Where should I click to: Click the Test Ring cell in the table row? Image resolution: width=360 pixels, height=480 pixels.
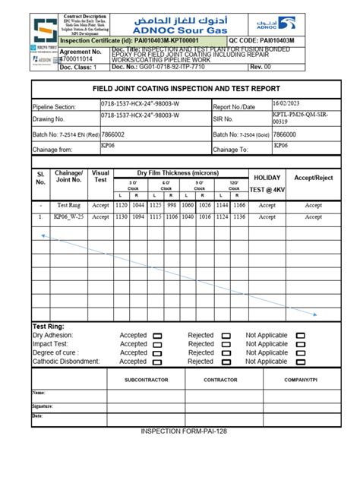(x=69, y=205)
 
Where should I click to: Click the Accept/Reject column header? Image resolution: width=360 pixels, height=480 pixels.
(x=314, y=177)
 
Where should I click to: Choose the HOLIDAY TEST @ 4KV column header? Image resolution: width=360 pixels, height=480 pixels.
(x=267, y=182)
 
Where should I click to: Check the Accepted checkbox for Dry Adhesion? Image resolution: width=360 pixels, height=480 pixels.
(x=157, y=335)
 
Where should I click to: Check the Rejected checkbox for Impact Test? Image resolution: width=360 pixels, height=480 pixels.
(x=226, y=343)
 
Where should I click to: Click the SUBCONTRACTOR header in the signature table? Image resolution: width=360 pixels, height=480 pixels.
(x=146, y=380)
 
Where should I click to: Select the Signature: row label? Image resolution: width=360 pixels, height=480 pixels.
(x=43, y=406)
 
